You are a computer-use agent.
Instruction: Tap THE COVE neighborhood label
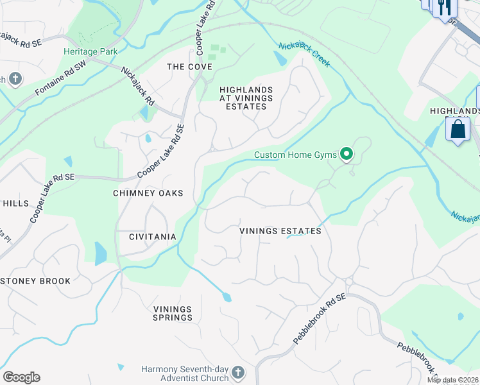pos(185,67)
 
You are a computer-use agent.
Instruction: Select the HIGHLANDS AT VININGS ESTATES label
pos(246,98)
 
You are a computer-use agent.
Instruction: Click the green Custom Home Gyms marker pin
pos(347,153)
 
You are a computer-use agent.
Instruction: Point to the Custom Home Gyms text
pos(295,155)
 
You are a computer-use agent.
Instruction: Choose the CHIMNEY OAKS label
pos(148,193)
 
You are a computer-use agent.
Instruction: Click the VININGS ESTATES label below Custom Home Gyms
pos(280,231)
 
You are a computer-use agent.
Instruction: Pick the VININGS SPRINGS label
pos(173,313)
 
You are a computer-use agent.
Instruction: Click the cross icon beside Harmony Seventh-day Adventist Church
pos(237,373)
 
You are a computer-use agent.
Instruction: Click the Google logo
pos(21,377)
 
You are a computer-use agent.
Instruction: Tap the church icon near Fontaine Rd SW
pos(14,80)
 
